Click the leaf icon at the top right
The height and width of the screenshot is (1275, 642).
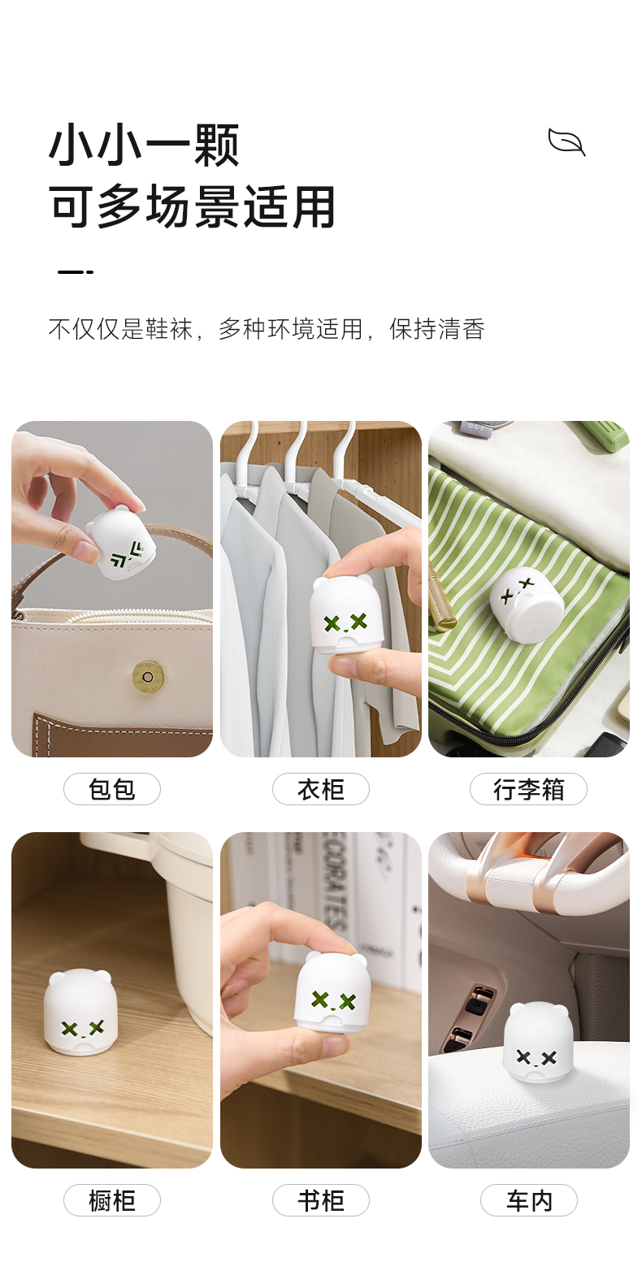pos(566,141)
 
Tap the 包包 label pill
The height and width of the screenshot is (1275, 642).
pos(111,789)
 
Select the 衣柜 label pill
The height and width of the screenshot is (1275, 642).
pos(320,789)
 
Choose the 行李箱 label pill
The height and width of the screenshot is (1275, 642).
pos(528,789)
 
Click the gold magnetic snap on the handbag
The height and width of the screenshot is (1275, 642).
pos(147,677)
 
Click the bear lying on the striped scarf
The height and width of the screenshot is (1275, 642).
pos(527,603)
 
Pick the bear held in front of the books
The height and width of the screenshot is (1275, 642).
pos(333,994)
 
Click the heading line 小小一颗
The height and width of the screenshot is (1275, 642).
pos(145,145)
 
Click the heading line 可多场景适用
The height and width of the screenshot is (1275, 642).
pos(193,206)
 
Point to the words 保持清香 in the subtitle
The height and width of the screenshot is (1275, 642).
pos(437,329)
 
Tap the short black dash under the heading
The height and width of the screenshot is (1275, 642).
pos(76,272)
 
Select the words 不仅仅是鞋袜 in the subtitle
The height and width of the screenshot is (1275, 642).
pos(120,329)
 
